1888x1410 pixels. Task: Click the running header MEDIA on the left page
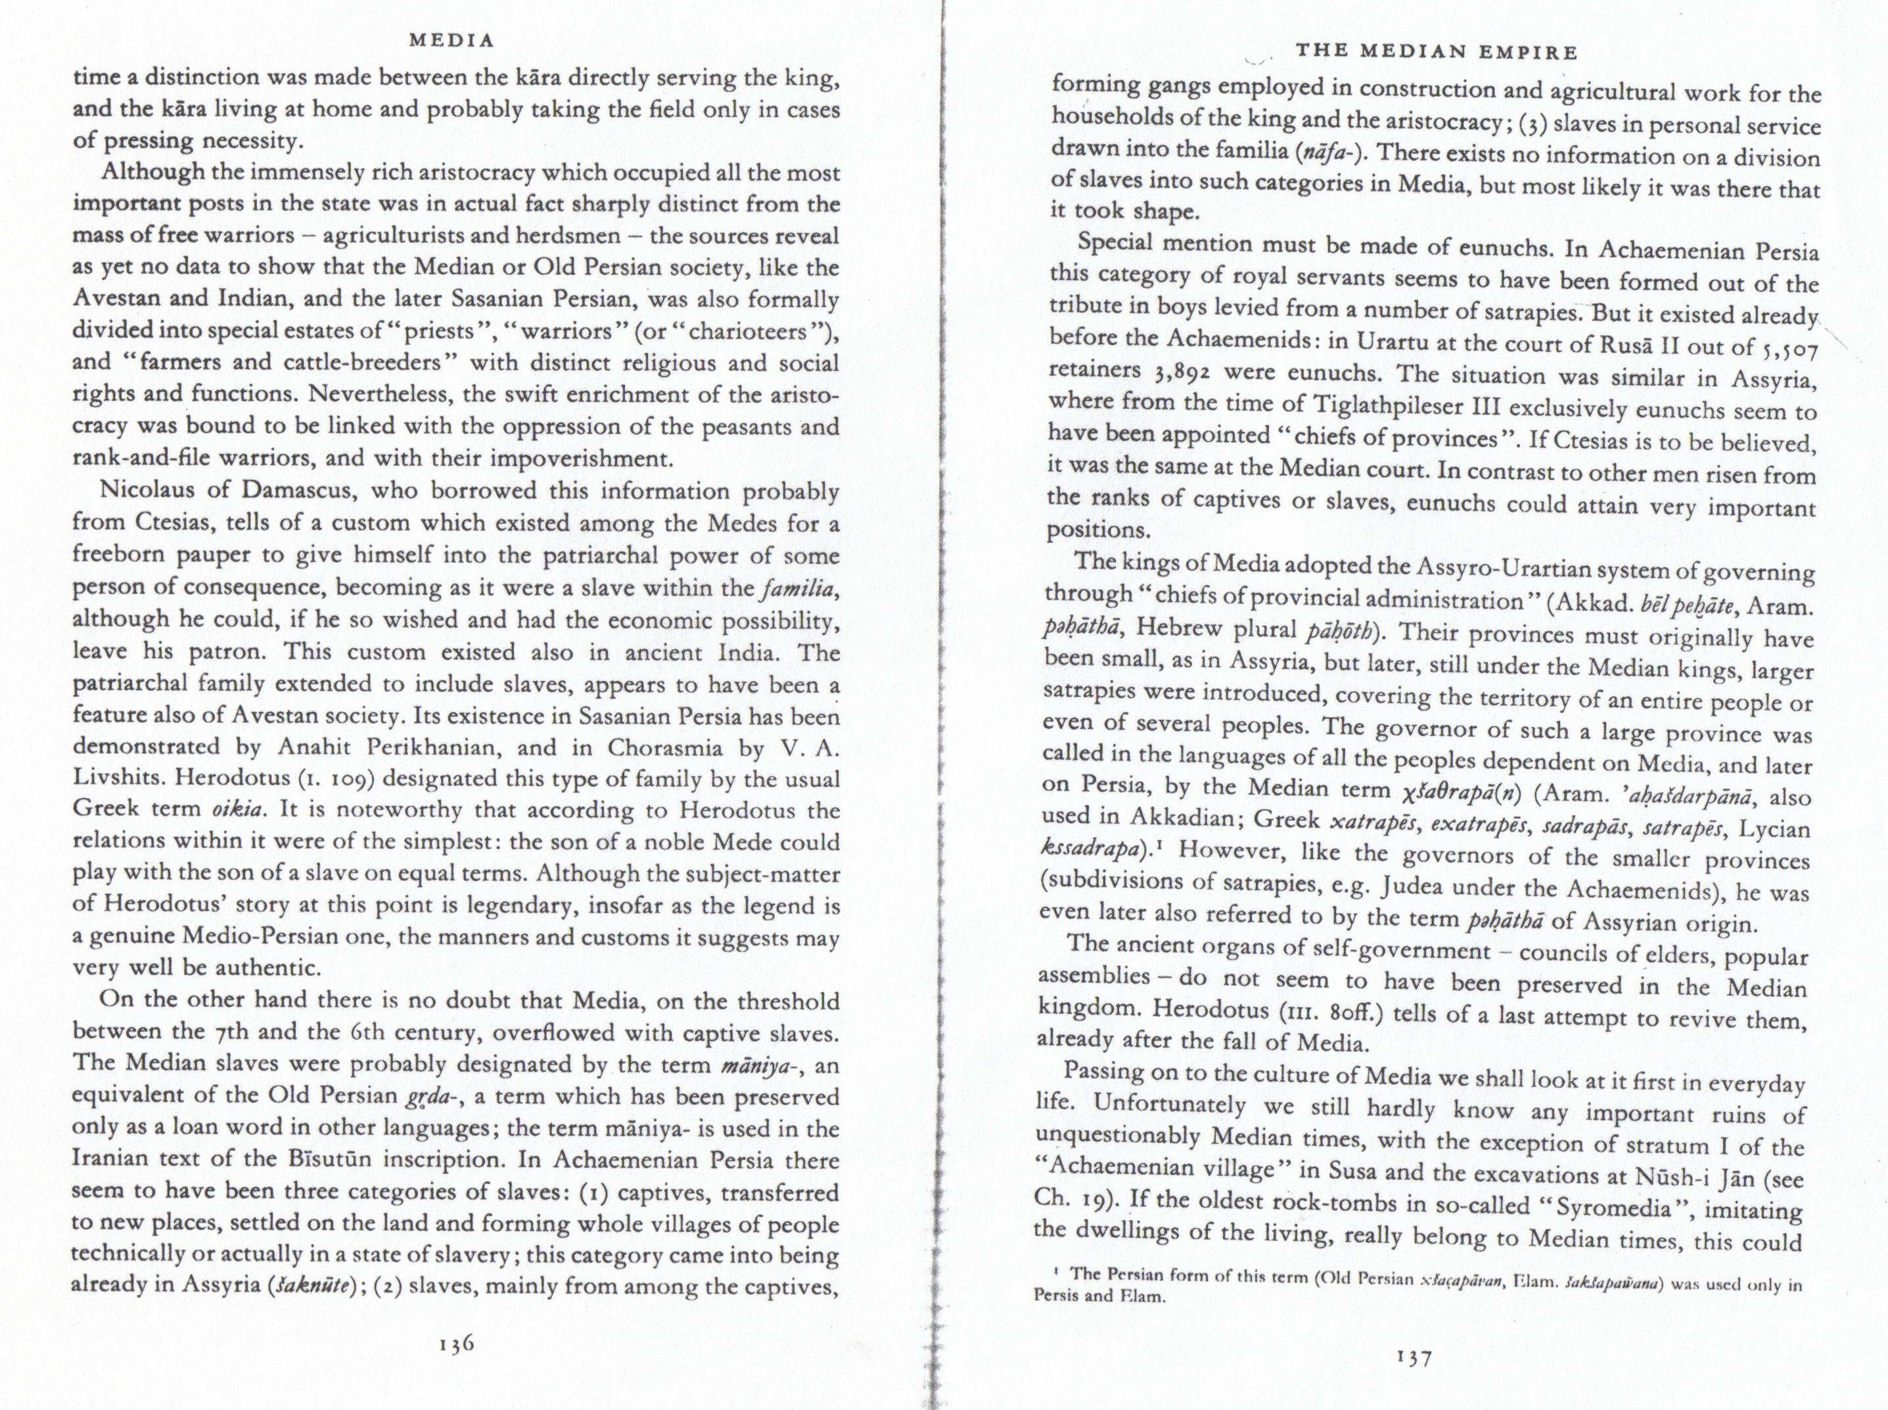[452, 40]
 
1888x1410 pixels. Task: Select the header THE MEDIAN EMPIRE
[1436, 51]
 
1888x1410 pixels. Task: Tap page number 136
[455, 1344]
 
